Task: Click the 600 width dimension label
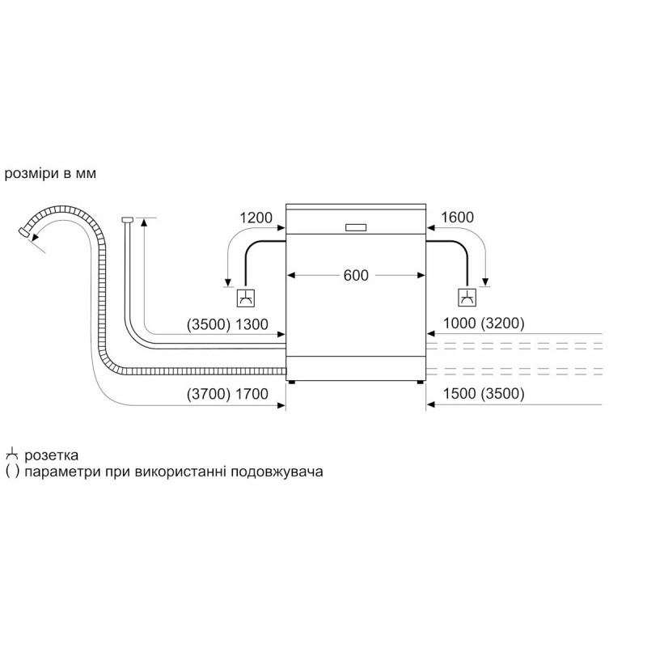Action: (356, 275)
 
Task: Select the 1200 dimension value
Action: (256, 218)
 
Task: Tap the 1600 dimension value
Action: (457, 217)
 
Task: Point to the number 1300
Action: (252, 324)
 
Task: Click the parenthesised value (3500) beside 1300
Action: (209, 325)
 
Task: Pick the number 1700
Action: (252, 394)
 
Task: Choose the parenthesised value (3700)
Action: (209, 395)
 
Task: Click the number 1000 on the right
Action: (459, 323)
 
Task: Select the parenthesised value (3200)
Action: (502, 323)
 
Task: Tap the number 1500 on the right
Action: (459, 393)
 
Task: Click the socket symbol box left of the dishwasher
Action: (246, 298)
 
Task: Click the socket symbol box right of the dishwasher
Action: (467, 298)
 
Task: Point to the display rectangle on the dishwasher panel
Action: (356, 227)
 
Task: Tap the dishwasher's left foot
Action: (292, 383)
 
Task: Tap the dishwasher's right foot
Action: (420, 383)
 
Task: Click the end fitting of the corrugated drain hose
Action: (24, 231)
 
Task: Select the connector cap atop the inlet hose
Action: (127, 219)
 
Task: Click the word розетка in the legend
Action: (51, 455)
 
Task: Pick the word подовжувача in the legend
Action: (277, 472)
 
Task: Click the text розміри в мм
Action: (50, 174)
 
